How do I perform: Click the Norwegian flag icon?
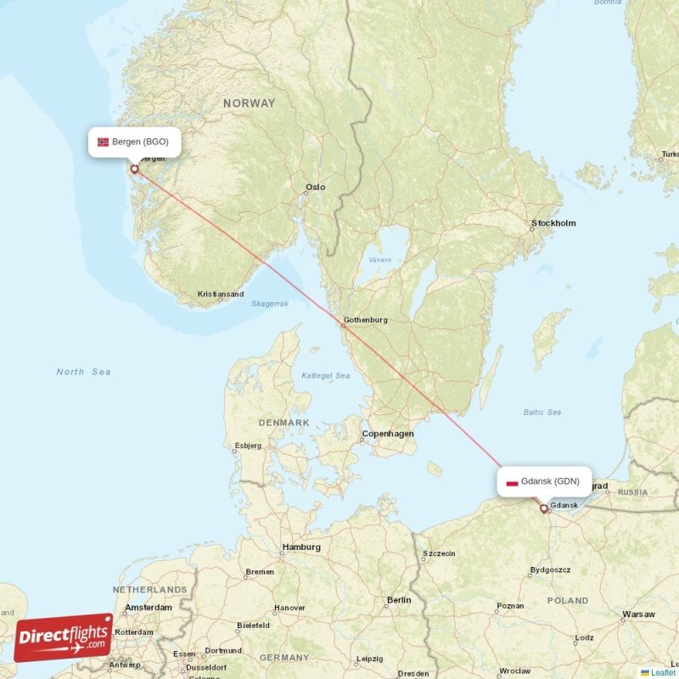(103, 142)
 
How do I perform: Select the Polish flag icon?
(512, 482)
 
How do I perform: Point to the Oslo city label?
(316, 187)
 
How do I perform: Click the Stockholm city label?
(553, 223)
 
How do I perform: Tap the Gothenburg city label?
(365, 320)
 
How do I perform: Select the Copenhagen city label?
(388, 434)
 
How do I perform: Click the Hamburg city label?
(302, 547)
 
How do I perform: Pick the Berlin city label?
(399, 600)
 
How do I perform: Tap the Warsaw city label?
(638, 614)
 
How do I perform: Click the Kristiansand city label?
(221, 295)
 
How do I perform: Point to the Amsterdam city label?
(148, 608)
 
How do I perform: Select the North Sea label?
(83, 372)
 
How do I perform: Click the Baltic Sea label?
(542, 412)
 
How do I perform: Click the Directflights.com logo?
(64, 637)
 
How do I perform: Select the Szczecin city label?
(439, 553)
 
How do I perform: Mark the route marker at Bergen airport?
(134, 169)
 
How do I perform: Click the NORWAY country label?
(250, 103)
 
